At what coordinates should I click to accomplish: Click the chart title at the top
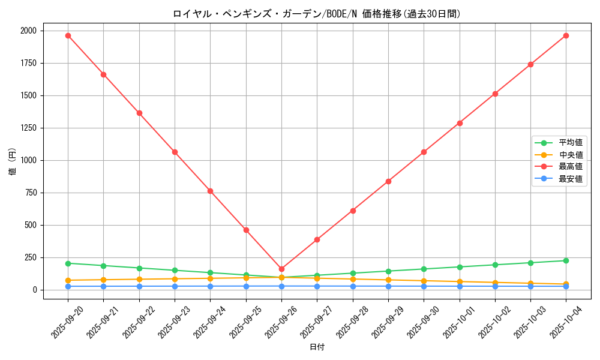pos(316,13)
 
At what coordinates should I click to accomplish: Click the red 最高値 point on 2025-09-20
pos(68,35)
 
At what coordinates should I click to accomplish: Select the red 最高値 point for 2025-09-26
pos(281,269)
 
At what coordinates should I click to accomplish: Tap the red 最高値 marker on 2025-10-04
pos(566,35)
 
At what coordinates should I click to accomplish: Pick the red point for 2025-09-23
pos(175,152)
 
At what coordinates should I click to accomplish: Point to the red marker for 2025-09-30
pos(424,152)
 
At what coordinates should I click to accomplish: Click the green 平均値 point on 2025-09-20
pos(68,263)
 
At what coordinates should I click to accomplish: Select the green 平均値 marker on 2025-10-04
pos(566,260)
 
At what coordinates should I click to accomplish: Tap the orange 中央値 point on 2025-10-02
pos(495,283)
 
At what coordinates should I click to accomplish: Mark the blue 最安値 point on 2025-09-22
pos(139,286)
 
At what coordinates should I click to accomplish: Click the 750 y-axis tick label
pos(30,193)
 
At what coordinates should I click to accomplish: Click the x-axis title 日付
pos(317,347)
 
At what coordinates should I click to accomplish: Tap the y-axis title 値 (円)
pos(13,162)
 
